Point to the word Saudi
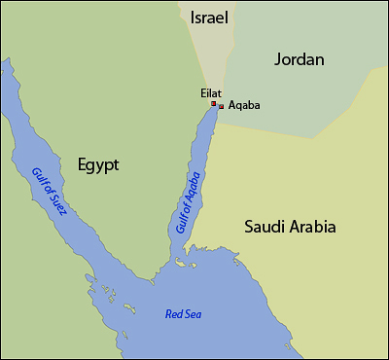point(265,228)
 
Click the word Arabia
point(313,228)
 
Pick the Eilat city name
point(210,92)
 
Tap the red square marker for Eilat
point(214,103)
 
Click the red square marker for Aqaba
point(222,106)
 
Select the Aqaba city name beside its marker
point(243,106)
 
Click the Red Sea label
point(184,313)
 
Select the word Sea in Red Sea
point(194,313)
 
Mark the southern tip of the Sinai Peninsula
point(156,279)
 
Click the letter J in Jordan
point(277,60)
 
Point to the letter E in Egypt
point(70,164)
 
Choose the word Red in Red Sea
point(173,313)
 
